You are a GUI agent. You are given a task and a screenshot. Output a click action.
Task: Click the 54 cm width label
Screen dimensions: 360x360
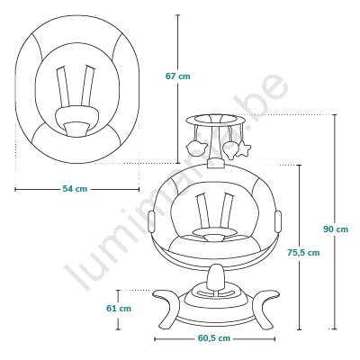[x=75, y=189]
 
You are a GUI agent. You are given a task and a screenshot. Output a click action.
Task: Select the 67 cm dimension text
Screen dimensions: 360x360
[x=178, y=76]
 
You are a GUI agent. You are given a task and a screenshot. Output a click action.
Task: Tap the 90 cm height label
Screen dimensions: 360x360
[x=336, y=229]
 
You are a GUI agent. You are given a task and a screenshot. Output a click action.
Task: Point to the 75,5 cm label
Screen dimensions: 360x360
[x=303, y=253]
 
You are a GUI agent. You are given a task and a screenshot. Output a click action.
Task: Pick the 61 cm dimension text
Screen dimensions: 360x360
[x=119, y=309]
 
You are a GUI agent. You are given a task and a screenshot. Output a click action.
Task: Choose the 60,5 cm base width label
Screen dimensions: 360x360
[x=214, y=338]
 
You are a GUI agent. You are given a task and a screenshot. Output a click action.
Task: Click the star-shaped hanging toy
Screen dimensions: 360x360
[x=243, y=149]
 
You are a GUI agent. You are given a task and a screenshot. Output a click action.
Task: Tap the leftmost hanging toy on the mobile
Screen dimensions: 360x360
[x=196, y=147]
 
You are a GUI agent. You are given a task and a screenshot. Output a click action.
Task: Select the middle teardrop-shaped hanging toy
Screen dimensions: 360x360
[x=231, y=149]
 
